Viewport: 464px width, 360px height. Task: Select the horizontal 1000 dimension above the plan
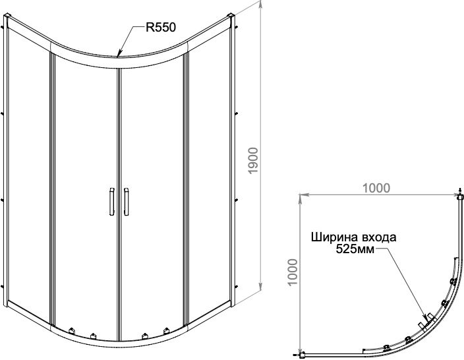376,187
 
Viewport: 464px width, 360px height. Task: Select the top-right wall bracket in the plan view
459,196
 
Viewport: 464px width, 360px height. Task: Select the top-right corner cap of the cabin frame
230,16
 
